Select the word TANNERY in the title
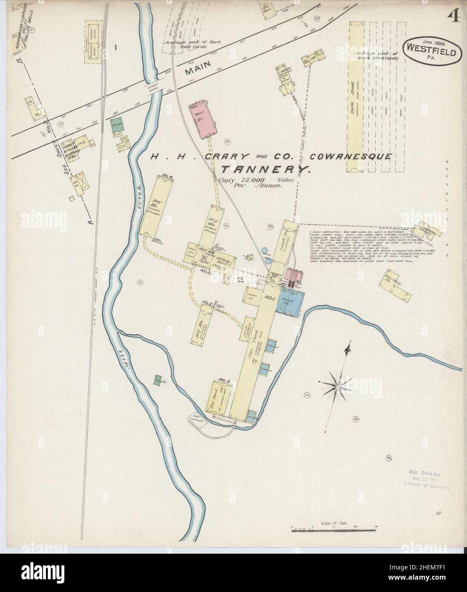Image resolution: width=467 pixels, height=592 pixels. [x=264, y=170]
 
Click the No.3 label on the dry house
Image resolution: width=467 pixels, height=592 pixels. [x=207, y=303]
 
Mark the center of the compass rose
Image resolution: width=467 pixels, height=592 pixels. [x=337, y=386]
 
